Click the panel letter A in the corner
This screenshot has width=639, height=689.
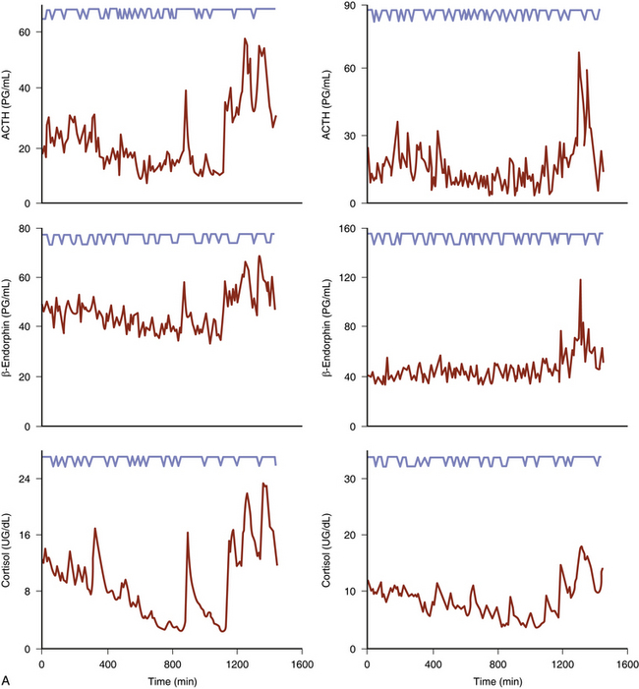[8, 679]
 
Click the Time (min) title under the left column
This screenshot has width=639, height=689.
[170, 678]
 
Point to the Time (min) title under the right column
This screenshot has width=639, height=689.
[495, 678]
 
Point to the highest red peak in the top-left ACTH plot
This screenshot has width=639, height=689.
[245, 39]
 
